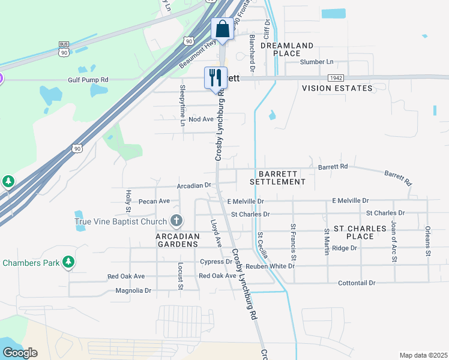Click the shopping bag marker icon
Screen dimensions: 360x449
pos(221,29)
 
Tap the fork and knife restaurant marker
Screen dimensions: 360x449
pos(215,77)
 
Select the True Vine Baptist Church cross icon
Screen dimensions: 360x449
pos(176,221)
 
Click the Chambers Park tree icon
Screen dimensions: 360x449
pos(69,262)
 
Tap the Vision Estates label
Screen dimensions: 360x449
pos(337,88)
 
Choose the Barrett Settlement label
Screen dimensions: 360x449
pos(277,178)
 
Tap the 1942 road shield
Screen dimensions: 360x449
pos(336,78)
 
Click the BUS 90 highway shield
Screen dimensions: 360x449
pos(64,49)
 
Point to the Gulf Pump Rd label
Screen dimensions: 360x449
pos(88,79)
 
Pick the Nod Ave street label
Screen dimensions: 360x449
pos(201,119)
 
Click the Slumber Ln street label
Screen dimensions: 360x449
pos(316,62)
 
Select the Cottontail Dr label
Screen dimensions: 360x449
pos(357,283)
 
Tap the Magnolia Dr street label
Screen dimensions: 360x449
pos(133,290)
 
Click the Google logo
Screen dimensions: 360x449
pos(20,352)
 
